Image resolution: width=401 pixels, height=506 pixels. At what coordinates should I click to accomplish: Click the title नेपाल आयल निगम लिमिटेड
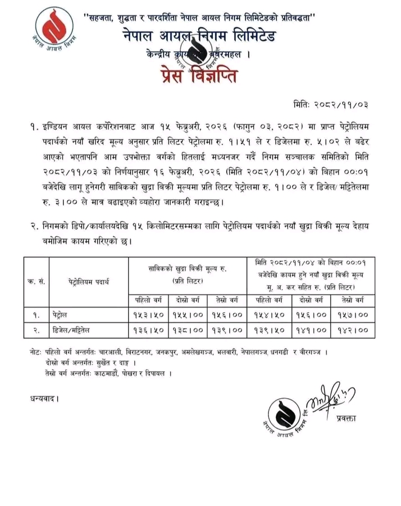200,37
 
